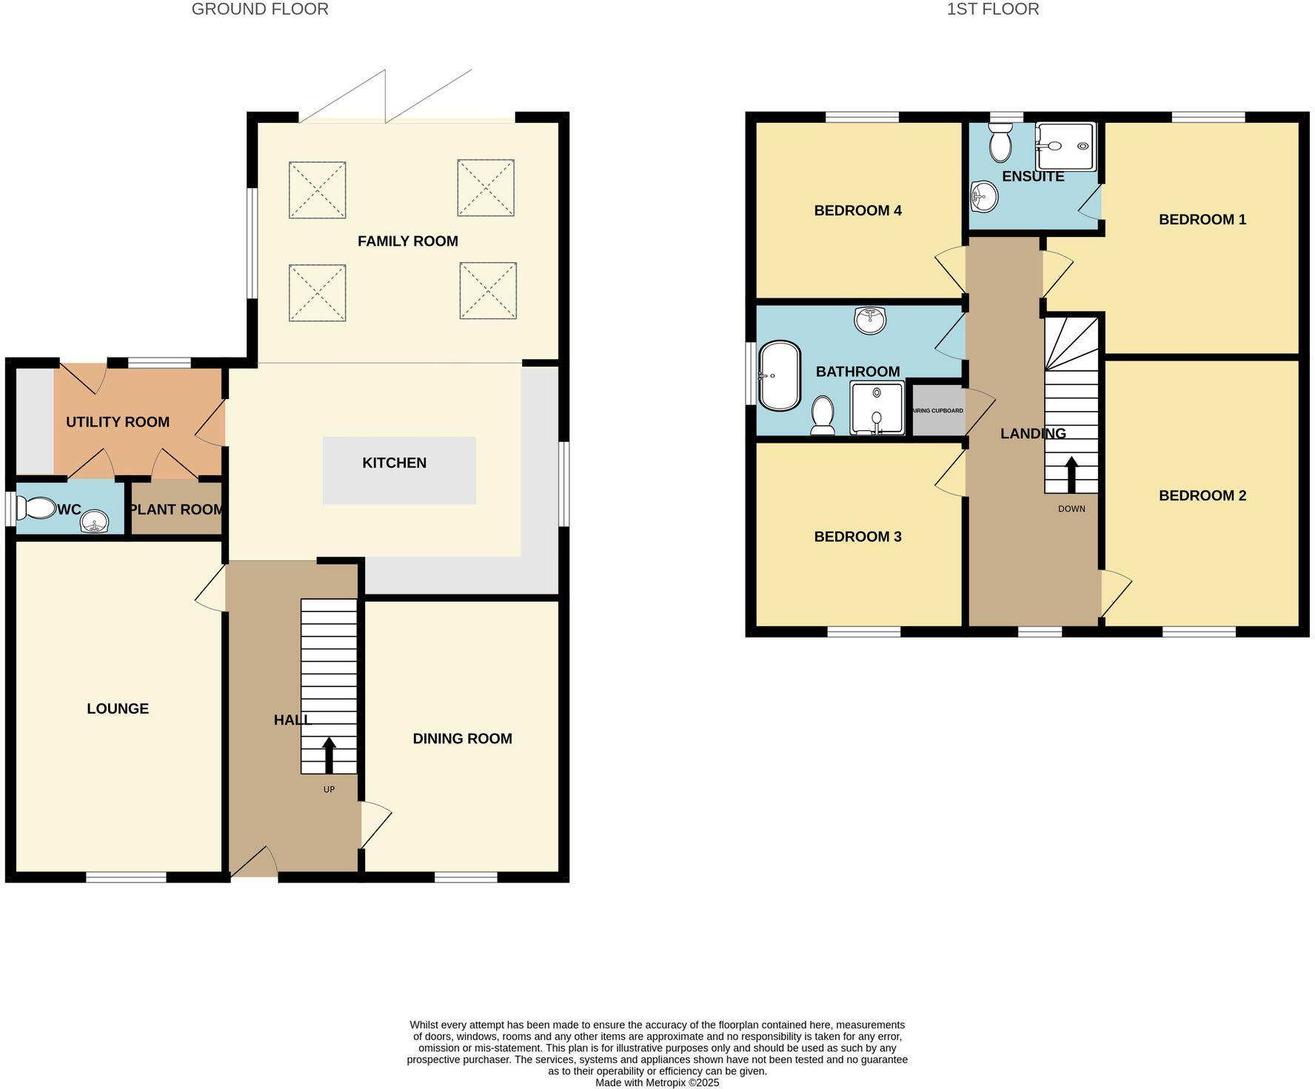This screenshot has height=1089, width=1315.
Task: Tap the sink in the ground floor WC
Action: point(94,522)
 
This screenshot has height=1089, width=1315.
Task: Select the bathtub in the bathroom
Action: point(780,375)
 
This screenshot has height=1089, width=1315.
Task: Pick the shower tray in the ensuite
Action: point(1065,146)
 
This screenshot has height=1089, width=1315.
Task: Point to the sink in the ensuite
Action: point(985,196)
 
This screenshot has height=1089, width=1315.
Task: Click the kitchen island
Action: point(399,471)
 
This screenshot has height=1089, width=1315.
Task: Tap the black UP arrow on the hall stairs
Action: point(329,754)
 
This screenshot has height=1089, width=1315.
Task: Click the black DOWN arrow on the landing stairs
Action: point(1071,475)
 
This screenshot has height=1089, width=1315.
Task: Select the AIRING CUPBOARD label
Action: point(938,411)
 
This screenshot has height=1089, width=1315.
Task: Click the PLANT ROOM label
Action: point(176,509)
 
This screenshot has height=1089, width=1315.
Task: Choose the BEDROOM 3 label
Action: point(857,537)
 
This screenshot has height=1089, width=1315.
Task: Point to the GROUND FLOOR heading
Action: point(260,9)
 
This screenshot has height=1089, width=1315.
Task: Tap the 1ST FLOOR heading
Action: point(992,9)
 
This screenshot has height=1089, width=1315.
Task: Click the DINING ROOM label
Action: point(462,738)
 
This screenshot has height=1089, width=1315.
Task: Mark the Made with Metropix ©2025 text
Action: point(657,1082)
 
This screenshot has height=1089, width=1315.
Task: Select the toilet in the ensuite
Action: point(1000,143)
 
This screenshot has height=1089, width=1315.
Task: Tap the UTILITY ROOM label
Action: point(118,422)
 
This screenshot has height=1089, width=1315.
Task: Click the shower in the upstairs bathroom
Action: point(877,408)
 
